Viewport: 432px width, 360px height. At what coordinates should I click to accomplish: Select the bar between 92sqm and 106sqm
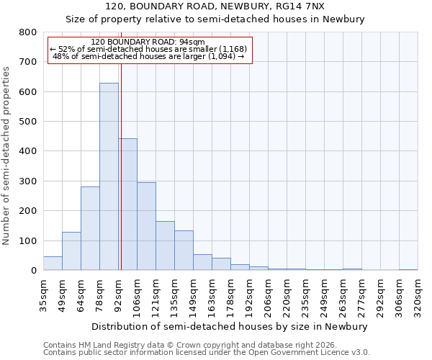pyautogui.click(x=128, y=204)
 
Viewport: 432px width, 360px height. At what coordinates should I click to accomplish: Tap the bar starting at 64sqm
pyautogui.click(x=90, y=228)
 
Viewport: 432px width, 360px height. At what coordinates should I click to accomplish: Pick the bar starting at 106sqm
pyautogui.click(x=146, y=226)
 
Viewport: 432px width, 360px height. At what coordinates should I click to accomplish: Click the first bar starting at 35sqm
pyautogui.click(x=53, y=264)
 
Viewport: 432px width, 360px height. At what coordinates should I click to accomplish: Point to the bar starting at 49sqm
pyautogui.click(x=71, y=251)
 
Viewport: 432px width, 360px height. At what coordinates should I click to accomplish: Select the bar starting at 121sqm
pyautogui.click(x=165, y=246)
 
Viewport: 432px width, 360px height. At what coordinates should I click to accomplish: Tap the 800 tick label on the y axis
pyautogui.click(x=27, y=32)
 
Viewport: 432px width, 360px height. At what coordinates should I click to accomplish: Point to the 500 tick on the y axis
pyautogui.click(x=27, y=122)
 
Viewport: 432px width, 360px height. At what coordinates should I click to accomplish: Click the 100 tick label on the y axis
pyautogui.click(x=27, y=240)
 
